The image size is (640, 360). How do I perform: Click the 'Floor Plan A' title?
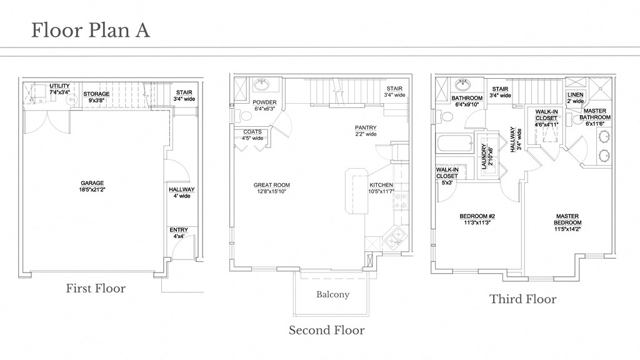[91, 30]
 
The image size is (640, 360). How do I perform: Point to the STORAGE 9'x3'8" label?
[96, 97]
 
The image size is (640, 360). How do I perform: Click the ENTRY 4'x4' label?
[179, 233]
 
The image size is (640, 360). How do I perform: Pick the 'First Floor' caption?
[96, 288]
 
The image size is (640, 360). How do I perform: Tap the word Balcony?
[332, 294]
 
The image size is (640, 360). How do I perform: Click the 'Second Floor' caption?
[326, 330]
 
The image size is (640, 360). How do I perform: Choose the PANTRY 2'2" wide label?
[366, 131]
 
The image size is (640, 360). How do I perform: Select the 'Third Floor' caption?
[522, 299]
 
